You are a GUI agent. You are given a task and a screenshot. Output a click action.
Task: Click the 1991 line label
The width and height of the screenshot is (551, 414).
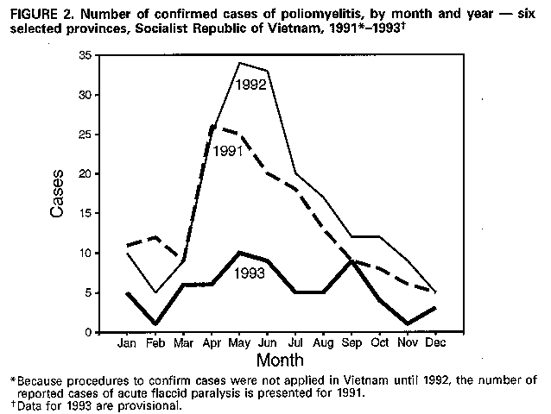point(228,149)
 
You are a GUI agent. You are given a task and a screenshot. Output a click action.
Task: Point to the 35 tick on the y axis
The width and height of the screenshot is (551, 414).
point(85,55)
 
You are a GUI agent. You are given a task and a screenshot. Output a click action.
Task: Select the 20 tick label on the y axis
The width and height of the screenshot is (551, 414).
point(85,174)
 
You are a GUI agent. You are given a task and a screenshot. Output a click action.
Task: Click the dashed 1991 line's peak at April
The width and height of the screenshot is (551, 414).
point(212,126)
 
